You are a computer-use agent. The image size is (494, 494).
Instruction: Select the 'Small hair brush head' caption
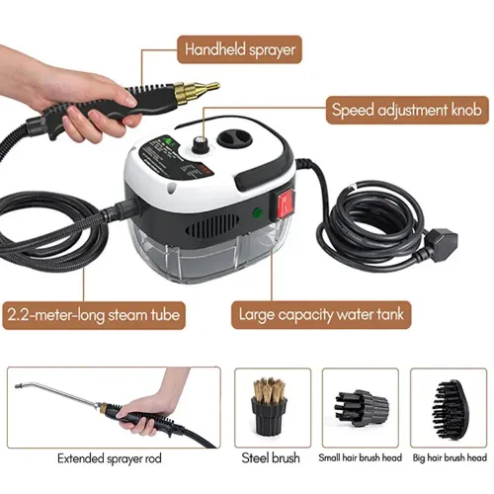361,459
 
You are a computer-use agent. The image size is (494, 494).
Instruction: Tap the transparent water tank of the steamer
203,253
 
